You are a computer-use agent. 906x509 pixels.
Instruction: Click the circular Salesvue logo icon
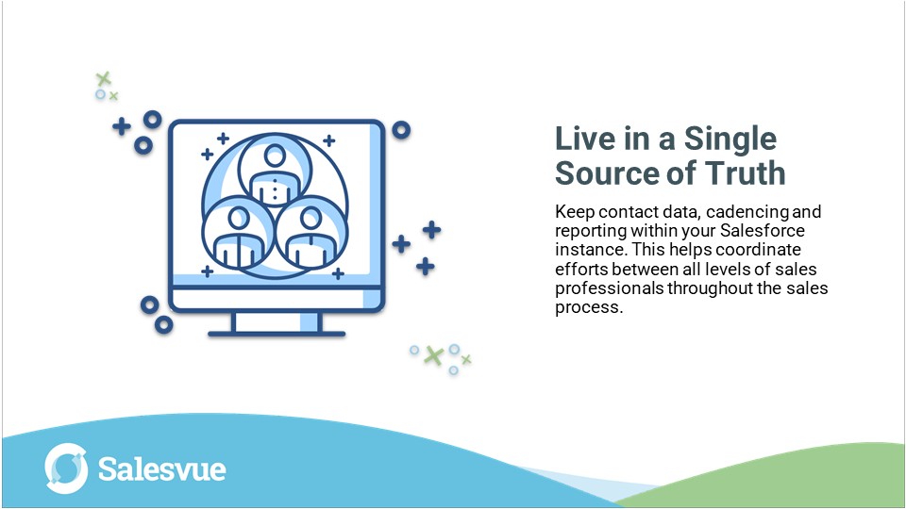coord(67,469)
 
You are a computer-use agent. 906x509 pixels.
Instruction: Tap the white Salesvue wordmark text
coord(161,469)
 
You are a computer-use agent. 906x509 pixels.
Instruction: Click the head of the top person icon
coord(275,154)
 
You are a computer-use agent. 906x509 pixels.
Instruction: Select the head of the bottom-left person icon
coord(238,218)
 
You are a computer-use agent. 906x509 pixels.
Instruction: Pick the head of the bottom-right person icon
coord(311,218)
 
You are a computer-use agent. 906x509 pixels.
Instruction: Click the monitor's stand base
coord(276,331)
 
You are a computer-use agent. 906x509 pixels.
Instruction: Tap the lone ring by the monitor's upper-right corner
coord(401,130)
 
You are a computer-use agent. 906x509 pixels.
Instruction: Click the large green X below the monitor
coord(433,355)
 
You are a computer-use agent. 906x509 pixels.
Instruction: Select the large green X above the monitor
coord(104,79)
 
